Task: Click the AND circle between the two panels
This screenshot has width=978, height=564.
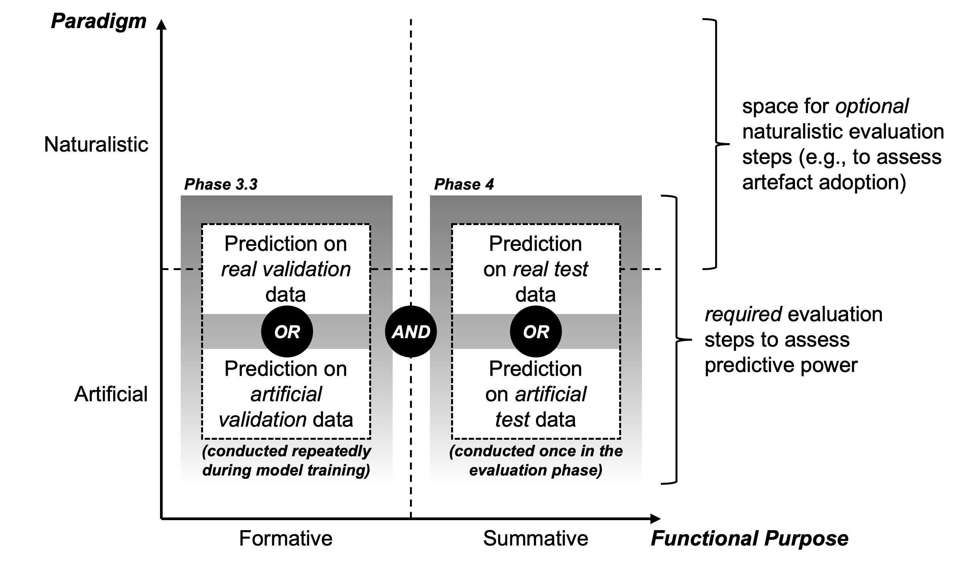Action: [411, 332]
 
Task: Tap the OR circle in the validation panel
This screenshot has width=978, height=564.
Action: [287, 332]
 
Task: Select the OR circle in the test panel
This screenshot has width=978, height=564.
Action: [536, 332]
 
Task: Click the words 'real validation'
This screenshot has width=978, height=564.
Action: [286, 269]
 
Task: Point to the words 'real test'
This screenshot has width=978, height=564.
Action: [550, 269]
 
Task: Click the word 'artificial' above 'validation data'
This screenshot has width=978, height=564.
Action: [286, 394]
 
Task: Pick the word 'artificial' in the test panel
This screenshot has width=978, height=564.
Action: [551, 394]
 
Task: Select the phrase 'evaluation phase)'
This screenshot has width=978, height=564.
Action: [536, 470]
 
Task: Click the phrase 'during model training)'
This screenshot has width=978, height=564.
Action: [286, 470]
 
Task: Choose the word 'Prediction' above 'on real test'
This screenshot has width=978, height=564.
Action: [535, 244]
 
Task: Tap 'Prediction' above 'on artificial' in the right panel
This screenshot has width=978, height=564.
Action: [535, 369]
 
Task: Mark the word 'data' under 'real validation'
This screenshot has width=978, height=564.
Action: [286, 294]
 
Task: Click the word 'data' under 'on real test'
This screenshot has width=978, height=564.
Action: [535, 294]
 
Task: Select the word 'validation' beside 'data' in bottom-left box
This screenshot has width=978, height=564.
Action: [263, 419]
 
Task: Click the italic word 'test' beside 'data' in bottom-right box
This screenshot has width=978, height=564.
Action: [512, 419]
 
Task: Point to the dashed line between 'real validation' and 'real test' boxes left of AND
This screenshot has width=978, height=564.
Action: [381, 269]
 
